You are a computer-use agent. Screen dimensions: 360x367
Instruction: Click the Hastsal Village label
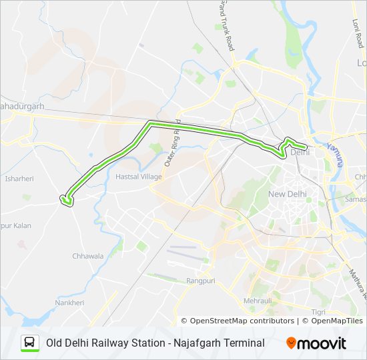(139, 177)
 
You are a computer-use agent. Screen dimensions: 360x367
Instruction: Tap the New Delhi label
(287, 194)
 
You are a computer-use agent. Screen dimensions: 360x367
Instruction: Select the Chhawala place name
(87, 255)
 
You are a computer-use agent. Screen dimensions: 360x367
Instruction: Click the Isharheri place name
(19, 179)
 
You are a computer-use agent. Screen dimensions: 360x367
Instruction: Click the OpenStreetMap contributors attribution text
(242, 321)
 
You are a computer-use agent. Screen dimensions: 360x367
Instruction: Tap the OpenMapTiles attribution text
(332, 321)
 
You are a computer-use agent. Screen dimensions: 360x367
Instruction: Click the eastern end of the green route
(306, 146)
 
